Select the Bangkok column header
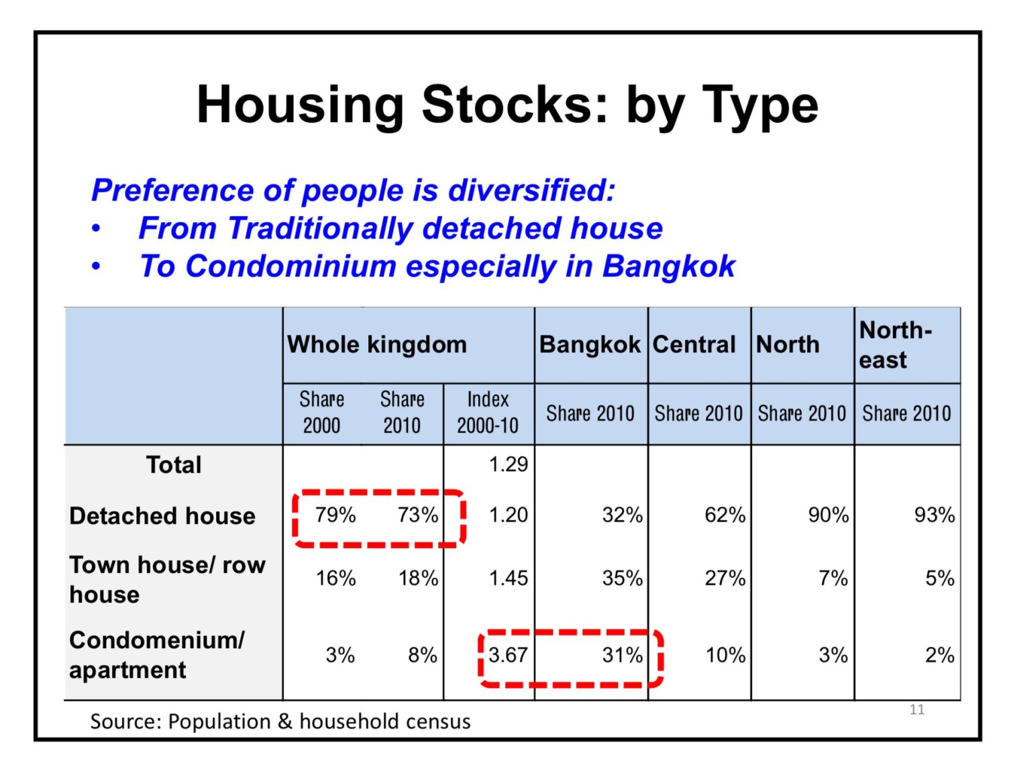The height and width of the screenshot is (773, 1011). (x=589, y=344)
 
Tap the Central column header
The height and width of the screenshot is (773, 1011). (x=694, y=344)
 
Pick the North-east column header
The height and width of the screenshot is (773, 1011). (x=895, y=345)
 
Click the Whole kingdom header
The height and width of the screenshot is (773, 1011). (x=376, y=344)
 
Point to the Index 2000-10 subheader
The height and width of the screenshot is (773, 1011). (x=487, y=412)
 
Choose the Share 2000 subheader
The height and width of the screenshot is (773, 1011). (x=321, y=412)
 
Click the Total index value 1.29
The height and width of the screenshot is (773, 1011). (x=508, y=464)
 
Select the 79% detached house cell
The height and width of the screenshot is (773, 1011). (x=335, y=515)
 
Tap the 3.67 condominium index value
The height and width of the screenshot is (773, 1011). (x=508, y=655)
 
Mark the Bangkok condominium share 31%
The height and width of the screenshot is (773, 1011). (x=622, y=655)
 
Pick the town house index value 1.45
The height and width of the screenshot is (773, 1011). (x=508, y=578)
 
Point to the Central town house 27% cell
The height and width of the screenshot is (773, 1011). (x=725, y=578)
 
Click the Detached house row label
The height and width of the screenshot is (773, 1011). (x=162, y=515)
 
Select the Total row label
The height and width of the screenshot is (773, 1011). (x=174, y=464)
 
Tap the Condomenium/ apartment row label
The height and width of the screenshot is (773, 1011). (x=156, y=654)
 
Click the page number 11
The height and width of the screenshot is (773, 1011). (x=916, y=709)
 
